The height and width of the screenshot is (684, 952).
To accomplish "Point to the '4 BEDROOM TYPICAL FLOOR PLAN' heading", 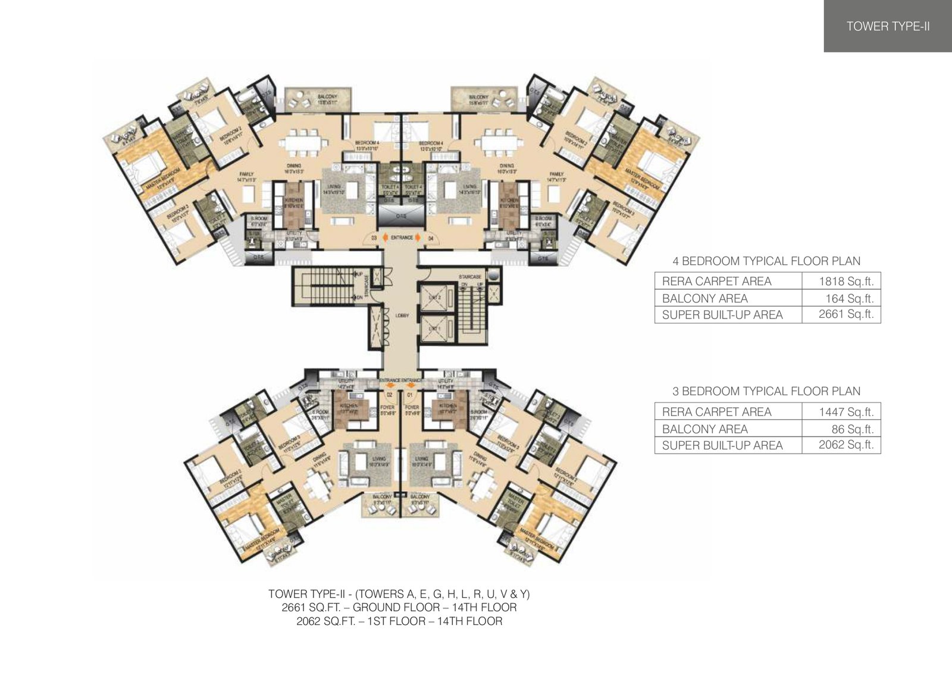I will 766,261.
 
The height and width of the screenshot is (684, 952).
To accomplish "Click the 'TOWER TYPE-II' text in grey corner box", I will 888,26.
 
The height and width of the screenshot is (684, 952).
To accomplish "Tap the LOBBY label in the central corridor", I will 402,316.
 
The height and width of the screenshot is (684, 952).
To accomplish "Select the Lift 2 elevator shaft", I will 436,297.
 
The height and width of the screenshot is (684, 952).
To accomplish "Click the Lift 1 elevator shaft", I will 436,329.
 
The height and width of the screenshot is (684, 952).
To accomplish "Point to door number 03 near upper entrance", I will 374,238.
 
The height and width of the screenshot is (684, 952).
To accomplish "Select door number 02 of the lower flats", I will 390,394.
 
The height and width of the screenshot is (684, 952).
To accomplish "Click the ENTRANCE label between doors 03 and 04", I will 402,238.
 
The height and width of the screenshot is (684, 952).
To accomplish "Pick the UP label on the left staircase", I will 359,274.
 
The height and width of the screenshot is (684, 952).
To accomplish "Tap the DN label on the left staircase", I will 359,297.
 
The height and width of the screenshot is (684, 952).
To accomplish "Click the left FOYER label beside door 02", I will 387,408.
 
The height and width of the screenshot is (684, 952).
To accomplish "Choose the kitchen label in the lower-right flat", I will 449,405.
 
